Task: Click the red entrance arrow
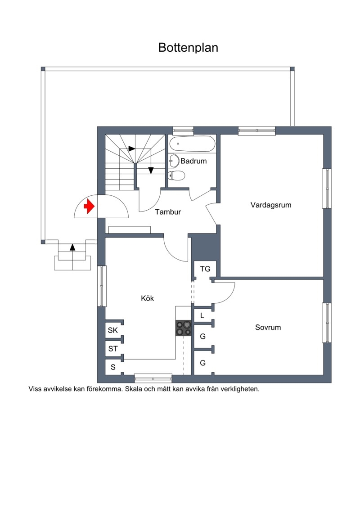tap(89, 207)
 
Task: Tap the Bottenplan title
tap(188, 47)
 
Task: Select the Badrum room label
tap(193, 161)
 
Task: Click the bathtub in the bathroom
tap(193, 144)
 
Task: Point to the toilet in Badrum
tap(176, 176)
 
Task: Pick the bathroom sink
tap(174, 161)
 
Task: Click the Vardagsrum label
tap(271, 205)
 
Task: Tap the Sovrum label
tap(268, 327)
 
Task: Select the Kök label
tap(148, 298)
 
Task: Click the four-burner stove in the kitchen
tap(184, 328)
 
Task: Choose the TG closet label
tap(205, 269)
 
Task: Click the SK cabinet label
tap(112, 330)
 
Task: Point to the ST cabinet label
tap(113, 349)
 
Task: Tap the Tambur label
tap(168, 212)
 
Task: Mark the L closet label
tap(202, 315)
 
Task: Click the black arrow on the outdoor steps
tap(72, 247)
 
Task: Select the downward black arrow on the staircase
tap(151, 171)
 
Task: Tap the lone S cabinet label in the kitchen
tap(113, 367)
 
